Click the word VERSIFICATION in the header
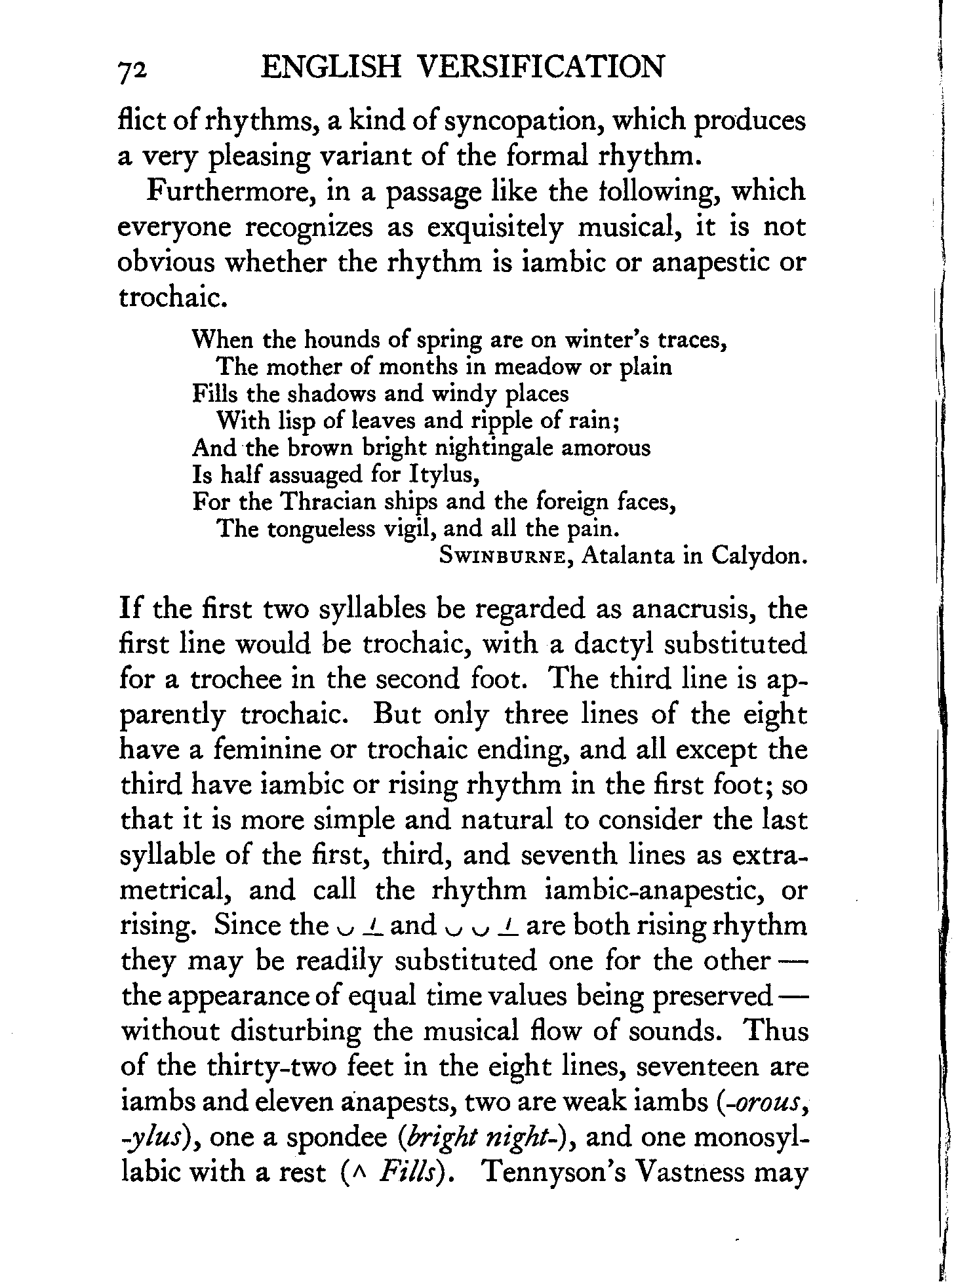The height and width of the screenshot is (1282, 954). pyautogui.click(x=541, y=68)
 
